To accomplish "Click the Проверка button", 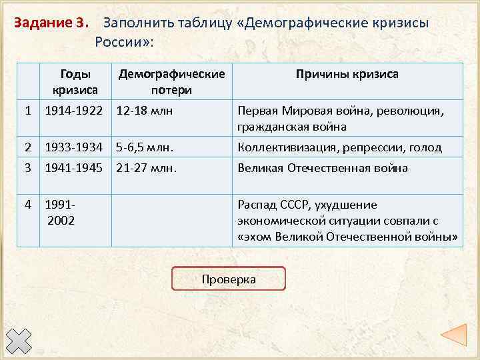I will [228, 279].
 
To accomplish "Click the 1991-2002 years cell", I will [60, 212].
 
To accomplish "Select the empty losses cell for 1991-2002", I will [171, 220].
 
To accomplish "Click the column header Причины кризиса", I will [347, 74].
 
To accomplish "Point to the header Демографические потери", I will [171, 81].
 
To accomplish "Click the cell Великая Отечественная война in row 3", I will [323, 168].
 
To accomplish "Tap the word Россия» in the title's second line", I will [124, 43].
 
